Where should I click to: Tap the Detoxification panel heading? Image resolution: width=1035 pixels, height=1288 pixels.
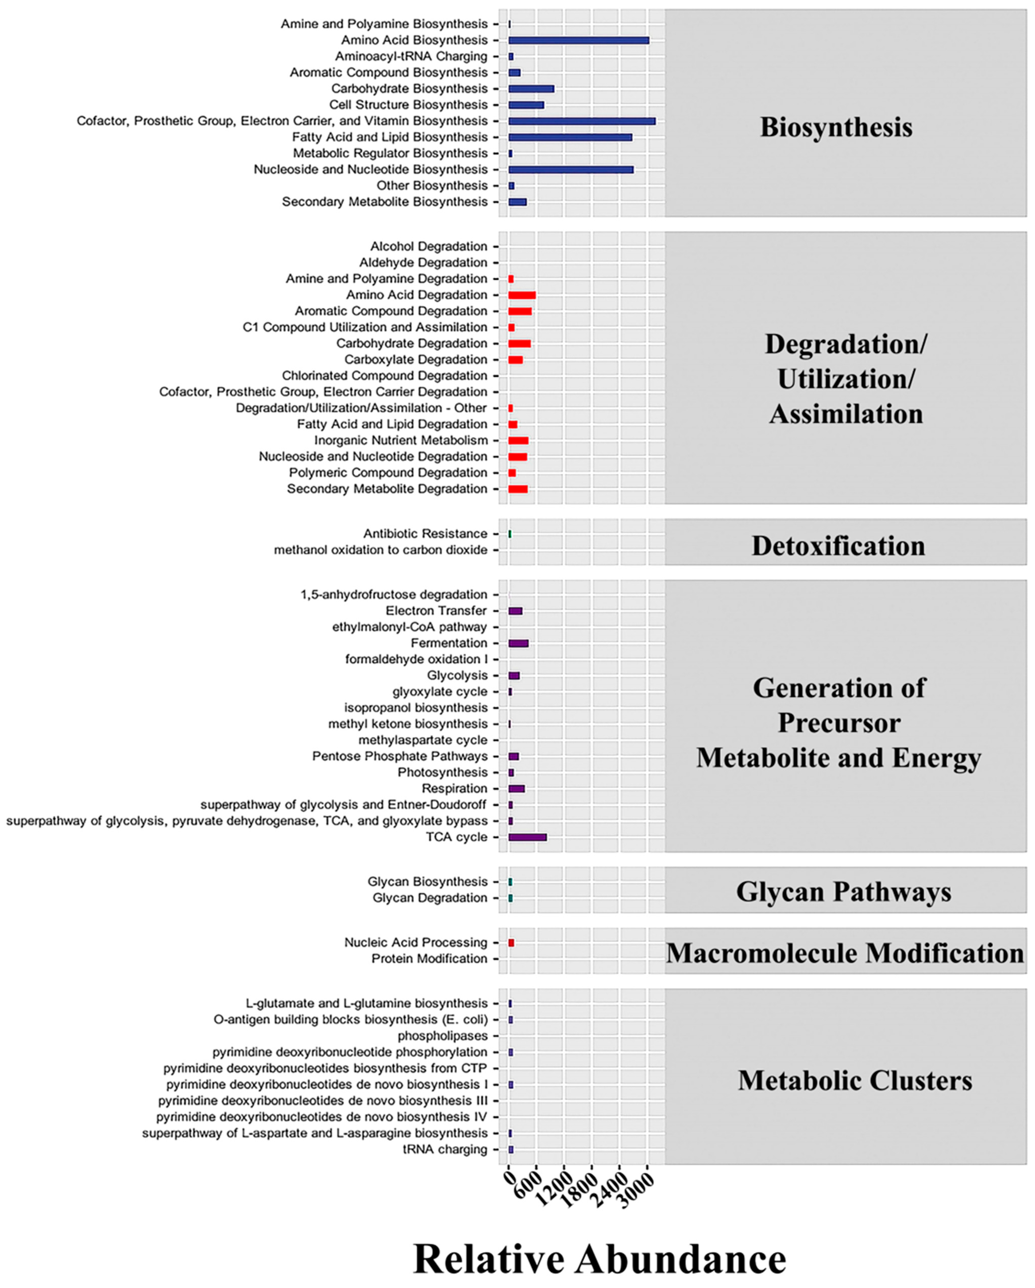(838, 545)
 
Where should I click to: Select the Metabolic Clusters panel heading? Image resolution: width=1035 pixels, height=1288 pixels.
(855, 1080)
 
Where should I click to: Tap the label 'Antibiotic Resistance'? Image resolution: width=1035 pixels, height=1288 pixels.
(425, 533)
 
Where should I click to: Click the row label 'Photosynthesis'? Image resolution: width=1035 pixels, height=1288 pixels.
(442, 773)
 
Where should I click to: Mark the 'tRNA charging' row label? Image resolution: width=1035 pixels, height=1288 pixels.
(445, 1149)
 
